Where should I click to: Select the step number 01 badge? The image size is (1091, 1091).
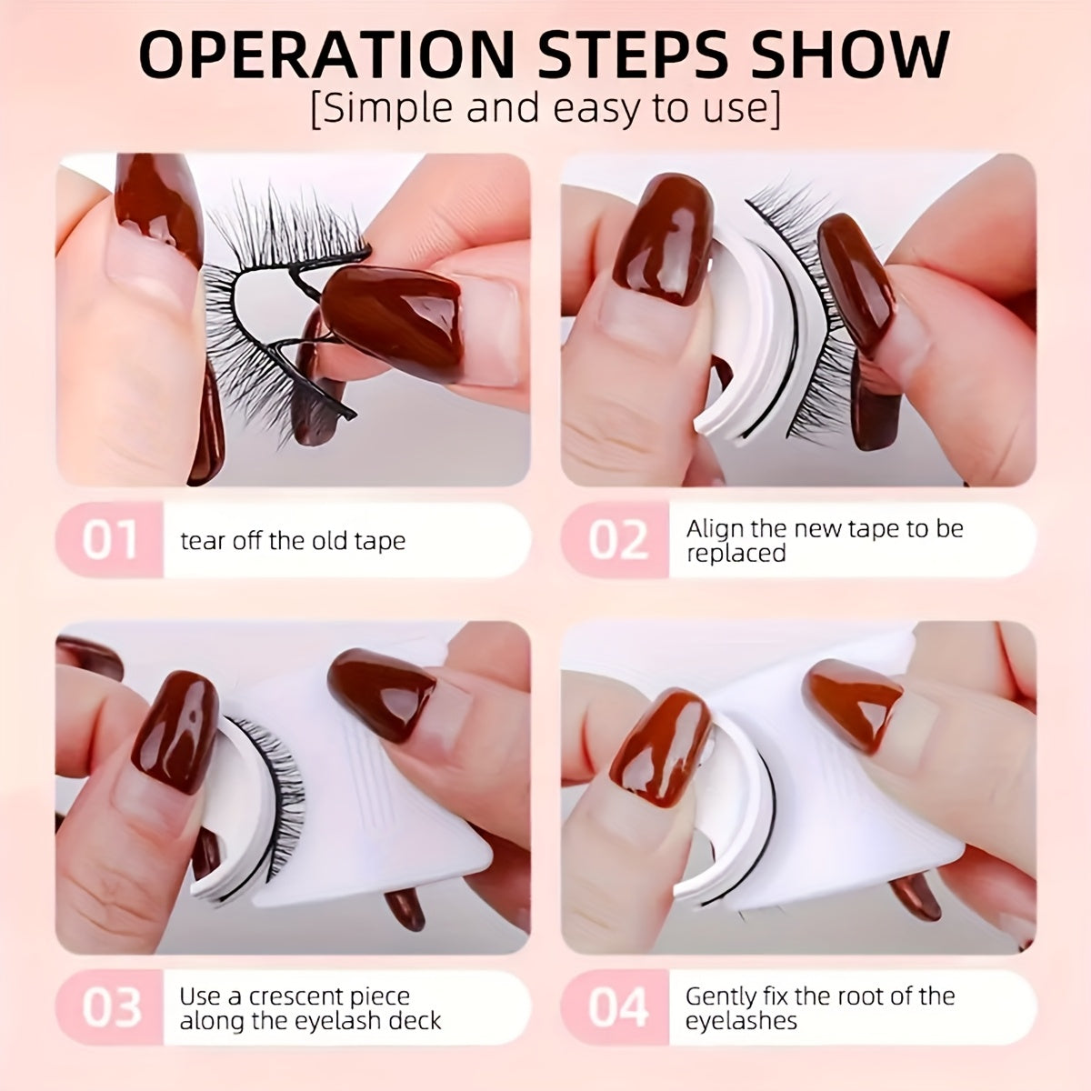tap(110, 540)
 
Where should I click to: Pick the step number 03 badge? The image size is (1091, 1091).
tap(110, 1007)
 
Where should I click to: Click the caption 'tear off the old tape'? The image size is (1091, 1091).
tap(293, 541)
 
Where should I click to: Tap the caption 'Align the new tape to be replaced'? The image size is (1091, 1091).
tap(824, 541)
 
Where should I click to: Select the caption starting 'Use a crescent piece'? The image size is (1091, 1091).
tap(310, 1007)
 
